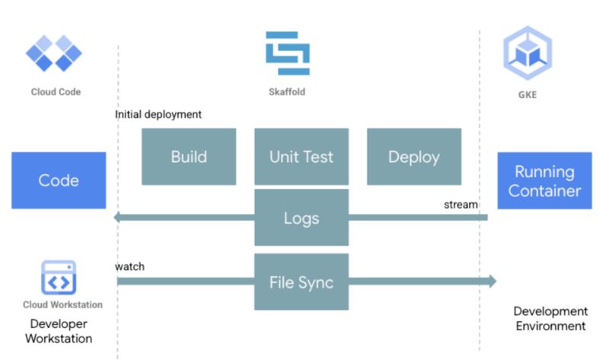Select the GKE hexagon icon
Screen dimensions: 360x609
(527, 52)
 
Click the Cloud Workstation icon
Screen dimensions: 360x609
(59, 279)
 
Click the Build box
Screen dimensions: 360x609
(189, 157)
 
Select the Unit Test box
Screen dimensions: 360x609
(301, 157)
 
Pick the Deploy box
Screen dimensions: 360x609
(414, 157)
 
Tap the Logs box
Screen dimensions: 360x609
(301, 218)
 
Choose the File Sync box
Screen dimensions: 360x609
(301, 282)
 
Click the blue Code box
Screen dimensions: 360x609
(59, 180)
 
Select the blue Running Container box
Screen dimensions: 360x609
(544, 180)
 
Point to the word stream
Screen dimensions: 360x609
(461, 204)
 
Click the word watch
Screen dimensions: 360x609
(129, 266)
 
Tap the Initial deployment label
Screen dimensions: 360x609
(158, 115)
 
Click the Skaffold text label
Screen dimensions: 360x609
(288, 92)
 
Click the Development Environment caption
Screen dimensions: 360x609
(550, 319)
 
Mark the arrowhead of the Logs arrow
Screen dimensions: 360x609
(120, 218)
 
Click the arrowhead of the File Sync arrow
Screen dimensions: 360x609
(490, 282)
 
